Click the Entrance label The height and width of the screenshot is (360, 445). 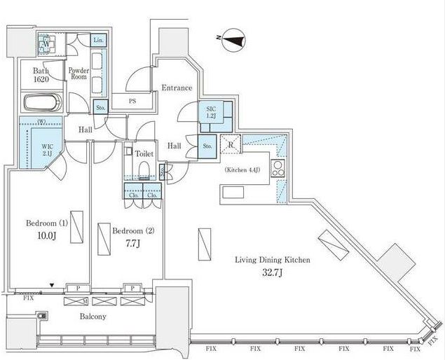tap(177, 88)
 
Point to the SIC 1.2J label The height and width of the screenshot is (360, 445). tap(210, 113)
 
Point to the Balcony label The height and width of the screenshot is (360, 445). tap(91, 317)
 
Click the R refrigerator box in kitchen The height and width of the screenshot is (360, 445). tap(231, 145)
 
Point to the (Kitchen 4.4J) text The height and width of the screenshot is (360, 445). tap(243, 170)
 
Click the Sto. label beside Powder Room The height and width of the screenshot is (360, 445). tap(100, 108)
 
